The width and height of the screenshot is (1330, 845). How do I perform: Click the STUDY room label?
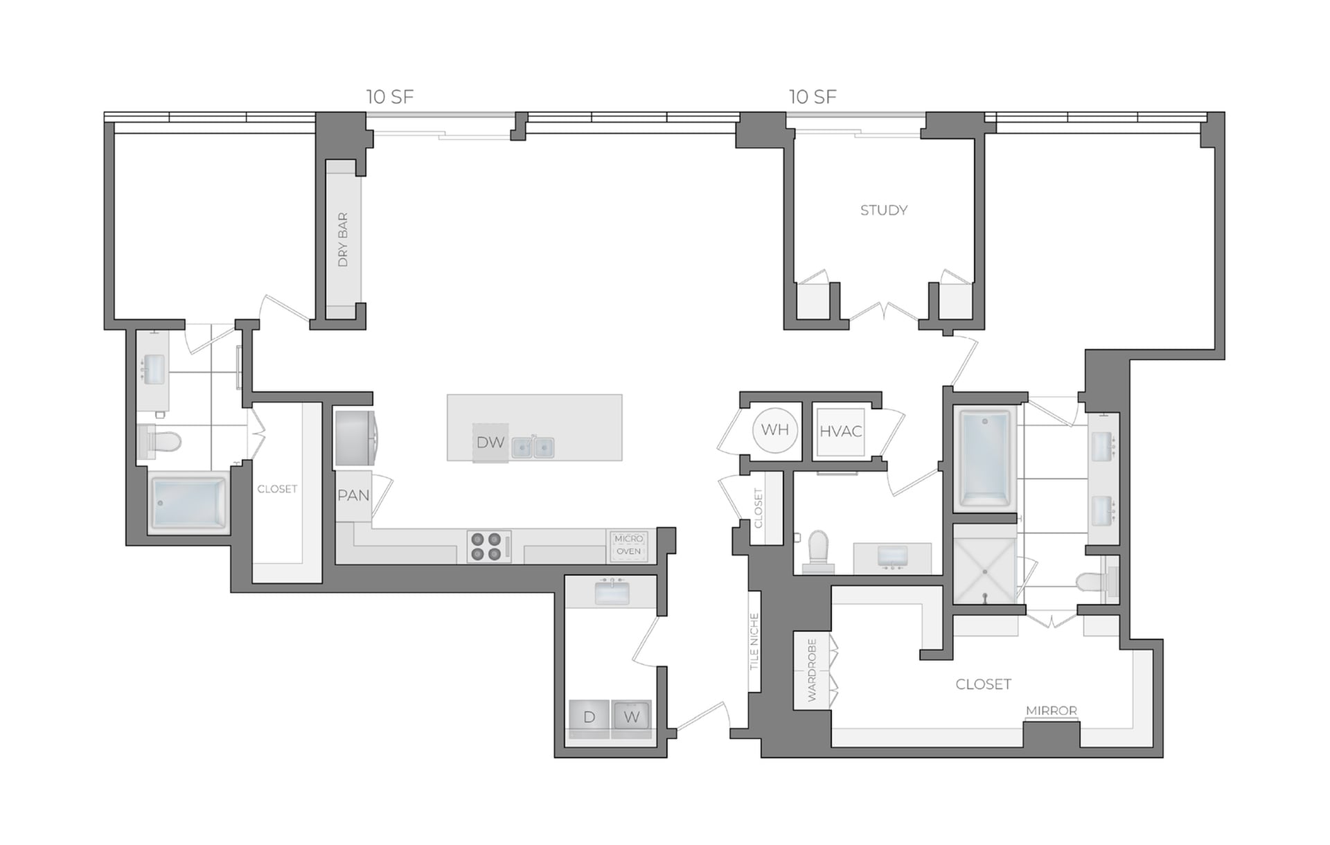[883, 210]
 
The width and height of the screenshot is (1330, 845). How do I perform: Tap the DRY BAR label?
[343, 240]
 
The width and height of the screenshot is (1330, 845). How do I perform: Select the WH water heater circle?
[774, 430]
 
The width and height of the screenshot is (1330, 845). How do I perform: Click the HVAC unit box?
[840, 432]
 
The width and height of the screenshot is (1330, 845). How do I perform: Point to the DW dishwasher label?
[490, 443]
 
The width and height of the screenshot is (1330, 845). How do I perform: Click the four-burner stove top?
[488, 546]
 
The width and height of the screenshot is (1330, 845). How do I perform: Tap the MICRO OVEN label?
[629, 545]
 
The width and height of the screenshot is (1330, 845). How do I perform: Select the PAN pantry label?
[353, 496]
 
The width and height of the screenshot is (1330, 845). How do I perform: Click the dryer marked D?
[589, 718]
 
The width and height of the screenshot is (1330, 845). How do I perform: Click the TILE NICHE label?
[754, 641]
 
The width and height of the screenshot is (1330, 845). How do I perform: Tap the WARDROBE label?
[812, 670]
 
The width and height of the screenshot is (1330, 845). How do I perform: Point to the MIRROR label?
[1051, 711]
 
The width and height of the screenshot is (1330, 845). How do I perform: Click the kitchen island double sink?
[533, 447]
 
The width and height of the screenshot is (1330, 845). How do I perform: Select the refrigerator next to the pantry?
[355, 438]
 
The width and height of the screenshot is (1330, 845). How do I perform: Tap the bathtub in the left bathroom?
[188, 502]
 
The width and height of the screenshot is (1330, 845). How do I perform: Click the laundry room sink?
[612, 593]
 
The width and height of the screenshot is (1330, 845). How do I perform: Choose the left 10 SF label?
[390, 97]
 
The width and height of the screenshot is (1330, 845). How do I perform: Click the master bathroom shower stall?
[984, 563]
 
